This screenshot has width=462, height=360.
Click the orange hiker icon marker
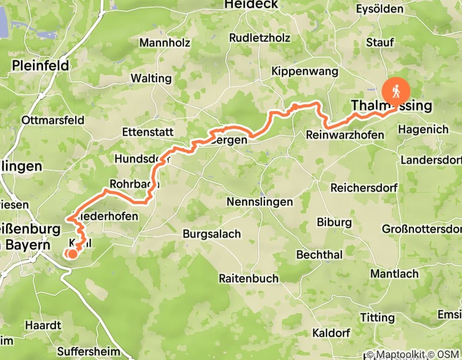(396, 92)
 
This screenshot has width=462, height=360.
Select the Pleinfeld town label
(41, 65)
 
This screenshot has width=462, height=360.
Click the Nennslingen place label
(259, 202)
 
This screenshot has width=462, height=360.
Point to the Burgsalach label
(211, 234)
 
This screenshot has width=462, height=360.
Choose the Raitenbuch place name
(248, 278)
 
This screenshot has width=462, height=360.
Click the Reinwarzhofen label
(345, 135)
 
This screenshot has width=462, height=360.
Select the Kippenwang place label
(305, 71)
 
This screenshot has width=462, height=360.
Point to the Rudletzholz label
(260, 38)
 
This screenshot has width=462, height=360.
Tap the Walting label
(151, 79)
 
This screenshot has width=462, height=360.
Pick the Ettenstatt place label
(148, 132)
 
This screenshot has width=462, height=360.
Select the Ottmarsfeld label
(53, 120)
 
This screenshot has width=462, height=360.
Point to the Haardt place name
(43, 326)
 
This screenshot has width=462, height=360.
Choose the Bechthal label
(319, 255)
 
